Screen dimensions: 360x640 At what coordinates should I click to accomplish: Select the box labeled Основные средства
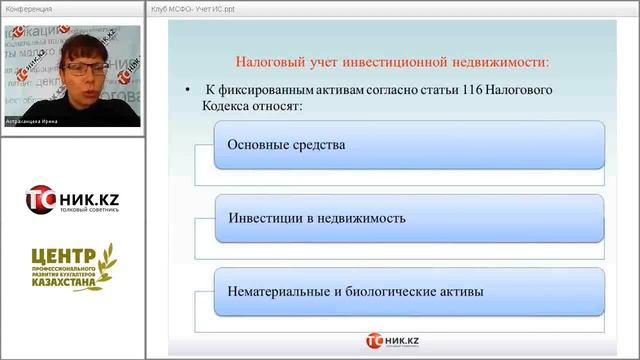(410, 145)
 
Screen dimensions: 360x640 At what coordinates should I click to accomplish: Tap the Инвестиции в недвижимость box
(410, 218)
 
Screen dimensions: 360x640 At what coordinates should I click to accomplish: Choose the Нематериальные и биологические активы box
(410, 292)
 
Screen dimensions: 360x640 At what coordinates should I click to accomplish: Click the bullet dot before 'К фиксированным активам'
(188, 91)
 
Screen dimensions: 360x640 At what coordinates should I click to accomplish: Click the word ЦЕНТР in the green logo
(57, 257)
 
